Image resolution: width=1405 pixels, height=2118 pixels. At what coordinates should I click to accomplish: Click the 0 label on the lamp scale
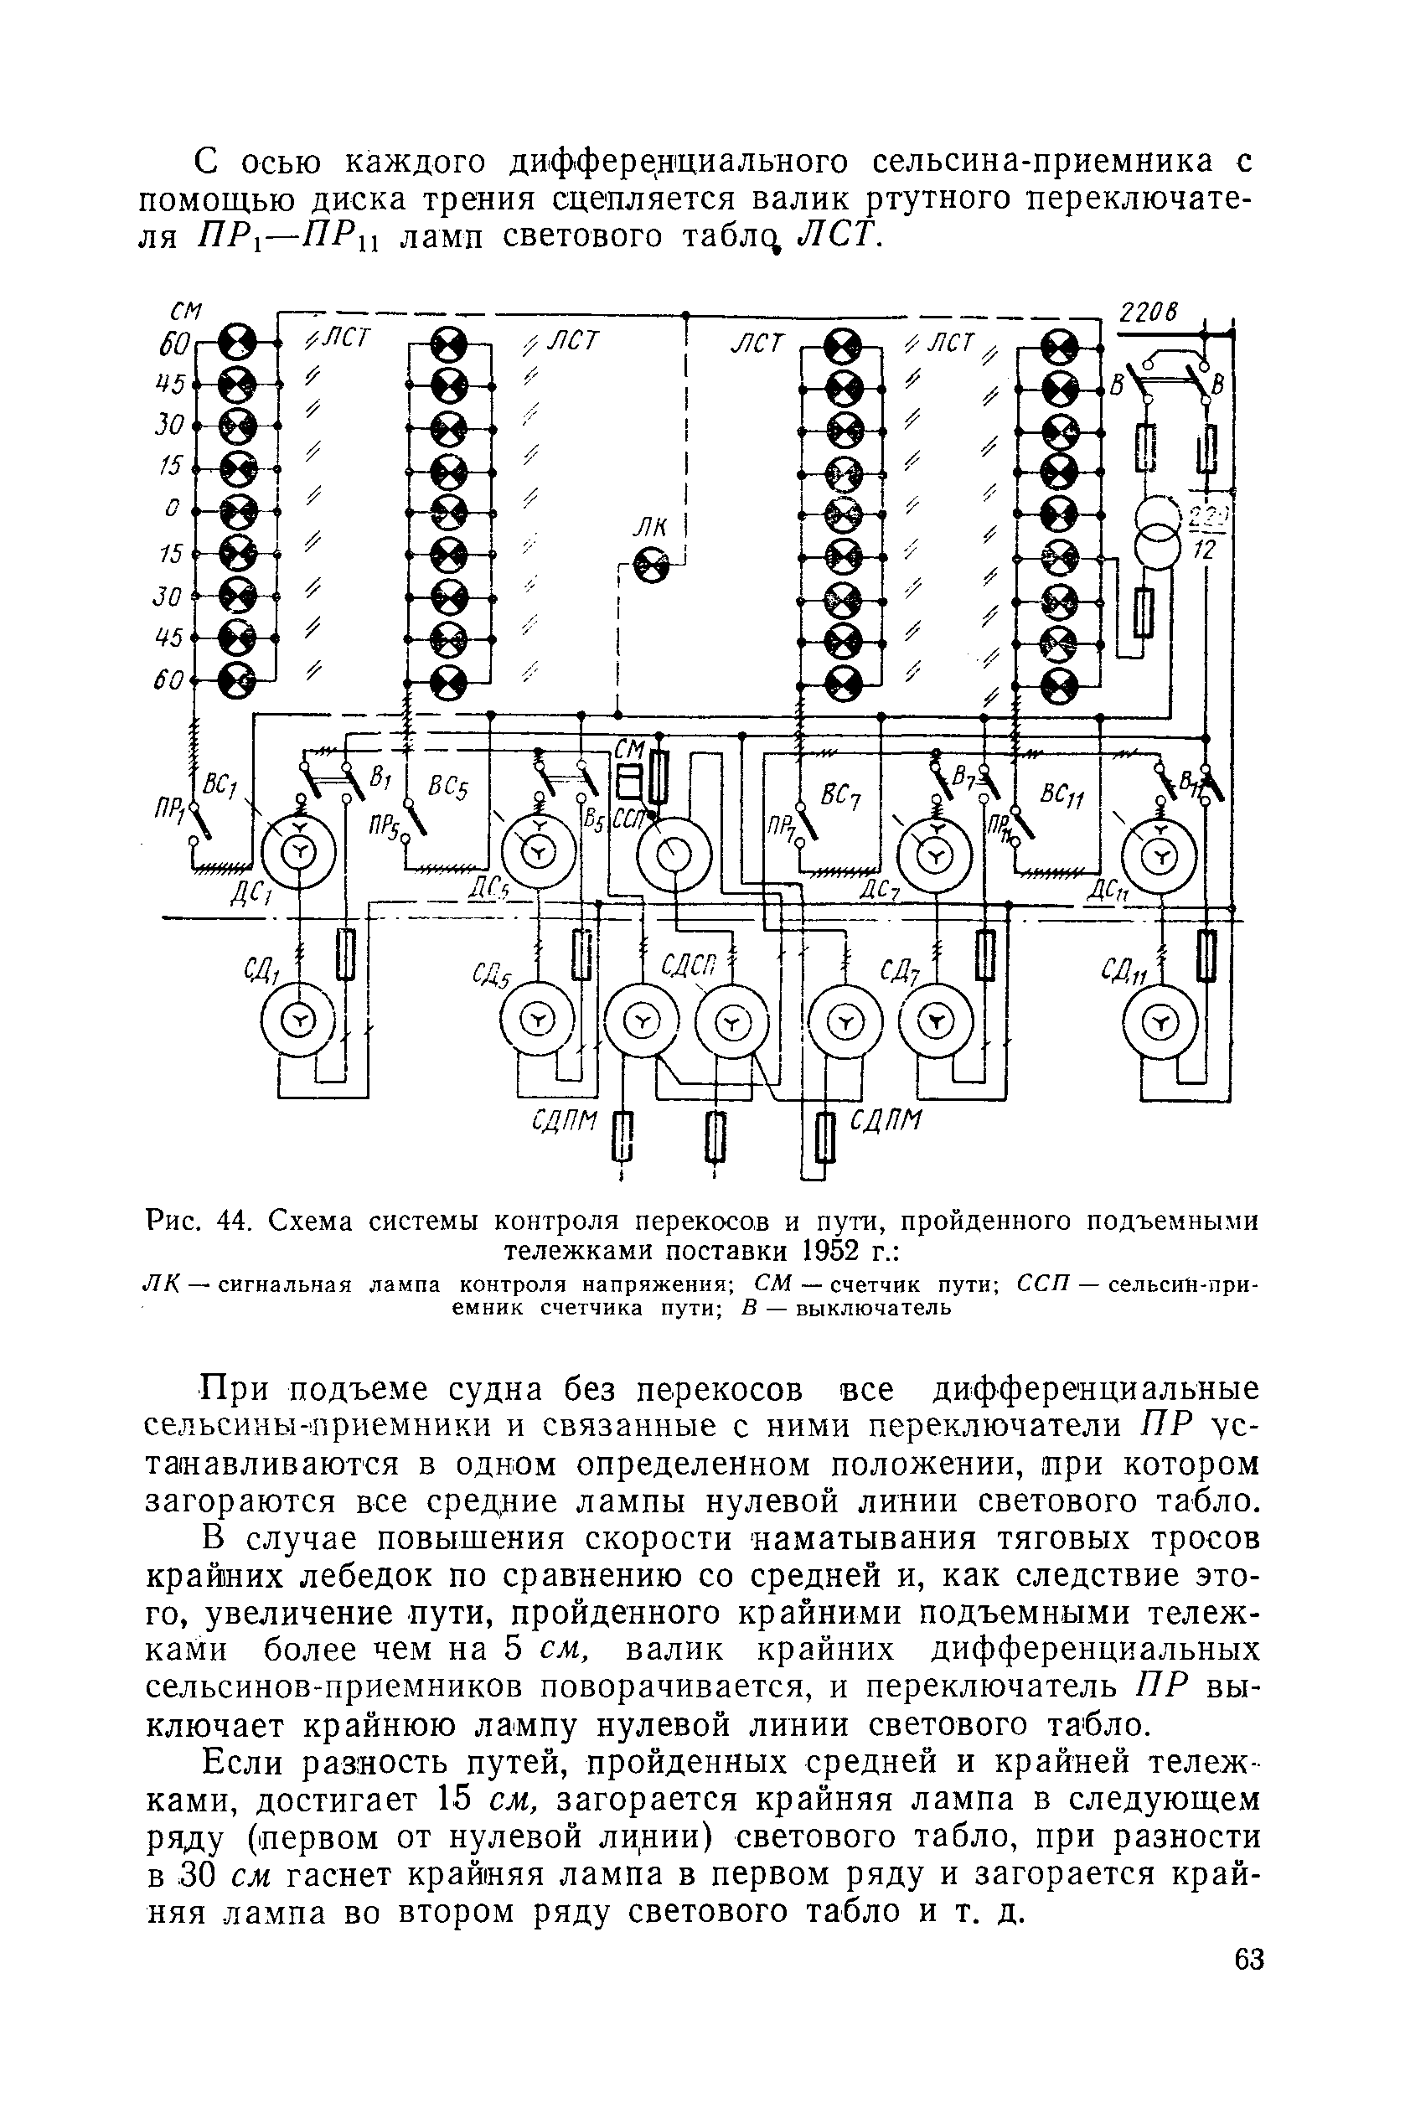[x=171, y=508]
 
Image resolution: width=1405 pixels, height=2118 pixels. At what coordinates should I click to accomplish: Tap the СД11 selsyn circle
[x=1160, y=1022]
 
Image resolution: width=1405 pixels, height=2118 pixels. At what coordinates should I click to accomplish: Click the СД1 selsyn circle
[x=298, y=1020]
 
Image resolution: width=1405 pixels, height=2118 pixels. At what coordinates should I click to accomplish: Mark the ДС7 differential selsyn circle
[x=936, y=857]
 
